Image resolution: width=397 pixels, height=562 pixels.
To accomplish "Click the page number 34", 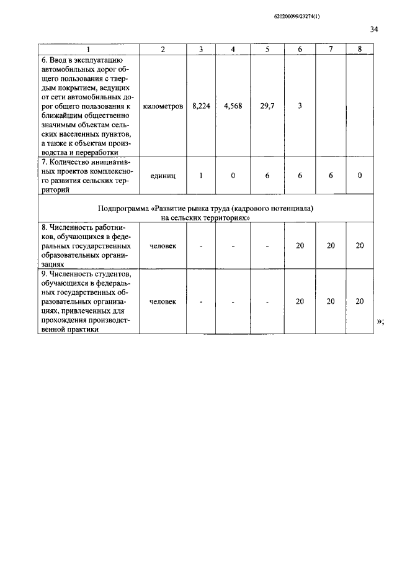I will [x=373, y=29].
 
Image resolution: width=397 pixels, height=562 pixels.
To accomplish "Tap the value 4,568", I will [x=233, y=106].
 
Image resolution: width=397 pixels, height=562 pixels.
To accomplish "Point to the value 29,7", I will [x=267, y=106].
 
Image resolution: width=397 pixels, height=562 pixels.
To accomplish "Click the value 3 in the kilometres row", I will [x=300, y=106].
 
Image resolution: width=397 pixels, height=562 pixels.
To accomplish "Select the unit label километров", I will [x=163, y=106].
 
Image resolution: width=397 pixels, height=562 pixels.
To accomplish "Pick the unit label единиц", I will [x=163, y=176].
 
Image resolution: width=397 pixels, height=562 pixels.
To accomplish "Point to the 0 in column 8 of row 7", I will [x=359, y=176].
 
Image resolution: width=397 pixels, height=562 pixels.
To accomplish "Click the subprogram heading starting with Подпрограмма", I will [x=205, y=213].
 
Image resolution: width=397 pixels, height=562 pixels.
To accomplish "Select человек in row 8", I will [x=163, y=246].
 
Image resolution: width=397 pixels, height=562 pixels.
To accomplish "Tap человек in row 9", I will [x=163, y=301].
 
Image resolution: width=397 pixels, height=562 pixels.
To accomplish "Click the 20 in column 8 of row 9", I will [x=359, y=301].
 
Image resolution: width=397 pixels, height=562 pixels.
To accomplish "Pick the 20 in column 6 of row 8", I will [x=300, y=246].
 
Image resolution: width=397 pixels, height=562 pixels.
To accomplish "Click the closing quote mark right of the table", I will [x=380, y=320].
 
